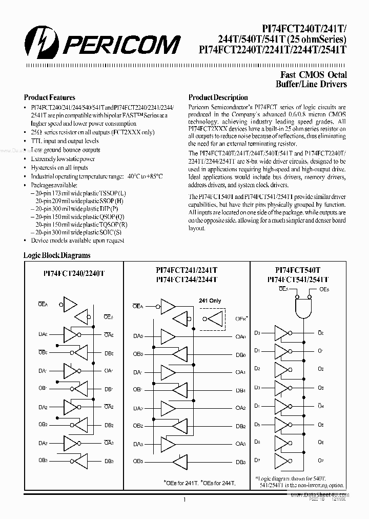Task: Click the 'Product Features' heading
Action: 50,97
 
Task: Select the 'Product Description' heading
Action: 218,97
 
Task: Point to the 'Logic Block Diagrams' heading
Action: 57,255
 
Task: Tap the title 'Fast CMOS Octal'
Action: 315,75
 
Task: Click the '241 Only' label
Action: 209,301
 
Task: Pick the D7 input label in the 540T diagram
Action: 257,460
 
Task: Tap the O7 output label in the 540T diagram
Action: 320,460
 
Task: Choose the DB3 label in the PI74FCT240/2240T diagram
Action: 109,461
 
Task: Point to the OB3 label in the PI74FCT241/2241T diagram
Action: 138,461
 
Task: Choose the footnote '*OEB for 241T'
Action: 179,483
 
